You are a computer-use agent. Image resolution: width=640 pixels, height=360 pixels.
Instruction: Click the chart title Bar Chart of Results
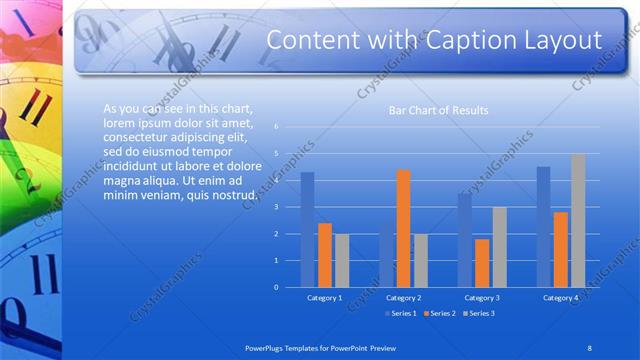[438, 110]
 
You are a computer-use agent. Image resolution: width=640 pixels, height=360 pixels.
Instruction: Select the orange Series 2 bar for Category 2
[403, 229]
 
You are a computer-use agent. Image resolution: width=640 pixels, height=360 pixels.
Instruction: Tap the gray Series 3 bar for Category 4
[578, 221]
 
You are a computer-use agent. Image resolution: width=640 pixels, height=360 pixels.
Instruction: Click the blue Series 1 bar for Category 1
[308, 230]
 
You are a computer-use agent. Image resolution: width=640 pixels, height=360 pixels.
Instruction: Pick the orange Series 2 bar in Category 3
[482, 263]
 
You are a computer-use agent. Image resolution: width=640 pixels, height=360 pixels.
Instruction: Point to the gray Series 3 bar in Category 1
[342, 260]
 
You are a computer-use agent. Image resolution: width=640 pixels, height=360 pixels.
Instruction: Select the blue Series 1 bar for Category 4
[543, 227]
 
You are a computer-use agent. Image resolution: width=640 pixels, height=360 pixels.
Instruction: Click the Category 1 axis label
[324, 298]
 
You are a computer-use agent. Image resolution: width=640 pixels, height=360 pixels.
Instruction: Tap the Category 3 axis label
[482, 298]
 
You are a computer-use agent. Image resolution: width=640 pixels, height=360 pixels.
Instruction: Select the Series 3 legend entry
[479, 313]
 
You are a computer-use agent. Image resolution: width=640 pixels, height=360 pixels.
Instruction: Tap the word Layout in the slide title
[560, 41]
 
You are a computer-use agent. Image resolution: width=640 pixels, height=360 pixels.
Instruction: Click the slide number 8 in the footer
[589, 347]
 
